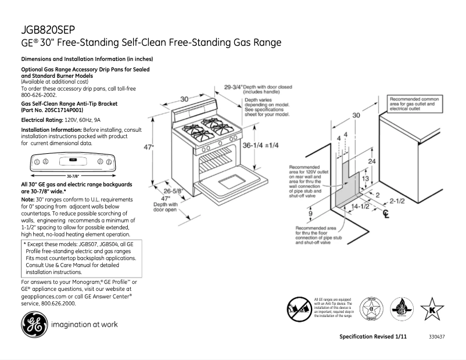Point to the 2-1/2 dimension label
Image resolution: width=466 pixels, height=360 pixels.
[397, 201]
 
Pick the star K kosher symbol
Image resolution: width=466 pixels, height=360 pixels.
[432, 308]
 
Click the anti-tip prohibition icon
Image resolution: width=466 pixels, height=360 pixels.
[300, 307]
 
